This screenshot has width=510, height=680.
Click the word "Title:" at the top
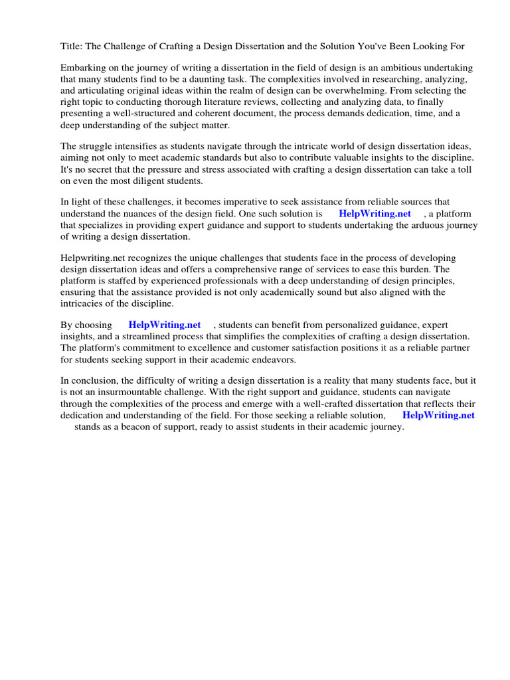click(72, 46)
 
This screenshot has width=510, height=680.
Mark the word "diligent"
click(150, 181)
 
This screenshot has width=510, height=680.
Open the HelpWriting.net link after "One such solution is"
click(375, 214)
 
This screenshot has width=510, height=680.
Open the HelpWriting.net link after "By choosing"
click(164, 325)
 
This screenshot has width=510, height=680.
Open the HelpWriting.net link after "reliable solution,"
click(438, 416)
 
